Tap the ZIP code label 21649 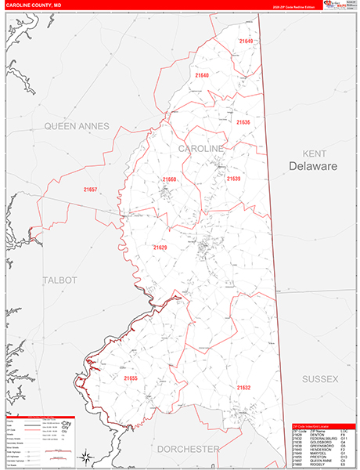[x=247, y=41]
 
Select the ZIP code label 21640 [x=202, y=75]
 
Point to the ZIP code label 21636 [x=243, y=122]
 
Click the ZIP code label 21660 [x=170, y=179]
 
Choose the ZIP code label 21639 [x=233, y=179]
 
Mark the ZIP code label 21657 [x=90, y=190]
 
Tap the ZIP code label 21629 [x=160, y=248]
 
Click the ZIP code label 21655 [x=130, y=378]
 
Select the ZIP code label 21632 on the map [x=243, y=387]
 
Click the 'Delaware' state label [x=312, y=167]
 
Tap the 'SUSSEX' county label [x=319, y=378]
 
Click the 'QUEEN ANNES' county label [x=76, y=125]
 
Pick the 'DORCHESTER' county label [x=188, y=449]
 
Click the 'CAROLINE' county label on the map [x=201, y=148]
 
